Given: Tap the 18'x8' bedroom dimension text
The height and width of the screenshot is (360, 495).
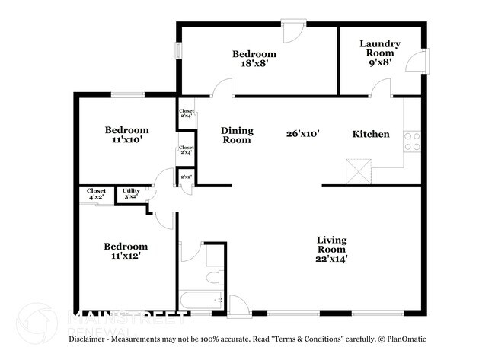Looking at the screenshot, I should click(x=254, y=66).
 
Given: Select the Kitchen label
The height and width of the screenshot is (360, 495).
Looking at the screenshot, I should click(x=371, y=134).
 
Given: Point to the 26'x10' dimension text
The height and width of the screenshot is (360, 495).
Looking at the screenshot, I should click(x=302, y=134).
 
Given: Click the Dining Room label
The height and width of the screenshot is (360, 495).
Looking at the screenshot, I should click(x=237, y=135).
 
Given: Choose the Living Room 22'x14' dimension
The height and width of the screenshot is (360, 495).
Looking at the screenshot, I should click(x=332, y=259).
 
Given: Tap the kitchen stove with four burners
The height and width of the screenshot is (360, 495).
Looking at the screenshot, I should click(x=411, y=141).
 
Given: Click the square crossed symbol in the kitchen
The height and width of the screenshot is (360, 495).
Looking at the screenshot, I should click(x=356, y=170).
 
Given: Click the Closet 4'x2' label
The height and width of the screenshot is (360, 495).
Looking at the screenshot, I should click(x=96, y=193).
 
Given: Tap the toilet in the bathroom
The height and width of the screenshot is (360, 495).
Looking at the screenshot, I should click(x=214, y=278).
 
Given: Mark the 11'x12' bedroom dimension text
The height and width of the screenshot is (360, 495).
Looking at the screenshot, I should click(x=126, y=257).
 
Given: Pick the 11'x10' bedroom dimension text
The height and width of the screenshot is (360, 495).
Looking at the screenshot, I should click(x=126, y=141).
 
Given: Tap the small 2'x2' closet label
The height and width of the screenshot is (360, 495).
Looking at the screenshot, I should click(x=186, y=178).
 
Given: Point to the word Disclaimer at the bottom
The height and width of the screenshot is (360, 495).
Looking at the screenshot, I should click(x=92, y=338).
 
